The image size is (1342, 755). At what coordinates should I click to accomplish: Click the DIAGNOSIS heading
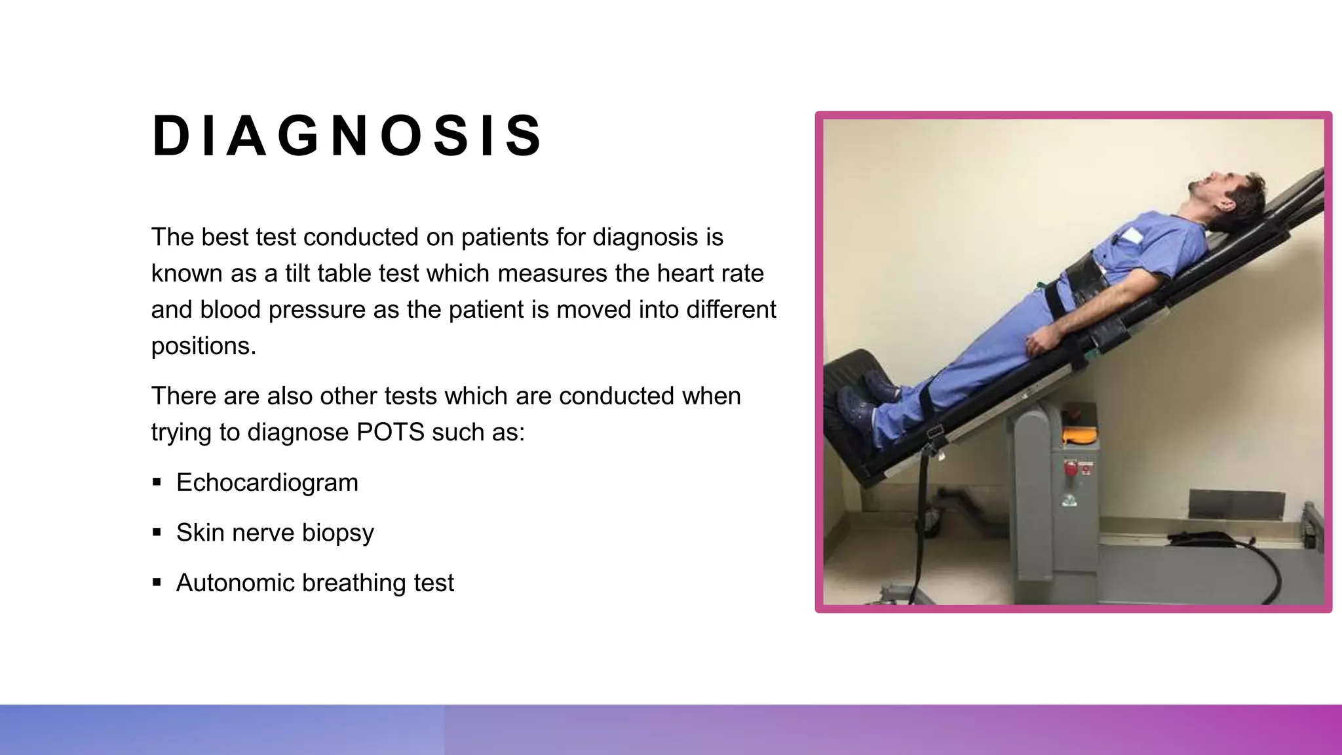click(x=347, y=136)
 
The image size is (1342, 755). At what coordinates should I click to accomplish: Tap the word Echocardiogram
click(x=267, y=483)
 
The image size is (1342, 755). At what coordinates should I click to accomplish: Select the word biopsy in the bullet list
click(x=337, y=533)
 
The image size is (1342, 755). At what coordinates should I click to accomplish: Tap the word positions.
click(x=202, y=346)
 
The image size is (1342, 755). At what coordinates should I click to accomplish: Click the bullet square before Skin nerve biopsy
click(x=157, y=532)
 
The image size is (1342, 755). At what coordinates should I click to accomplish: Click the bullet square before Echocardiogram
click(x=157, y=482)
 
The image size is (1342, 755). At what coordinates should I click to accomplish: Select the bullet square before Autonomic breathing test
click(x=157, y=582)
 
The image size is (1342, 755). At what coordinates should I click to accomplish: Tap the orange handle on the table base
click(x=1079, y=434)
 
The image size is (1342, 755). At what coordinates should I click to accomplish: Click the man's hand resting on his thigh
click(x=1041, y=341)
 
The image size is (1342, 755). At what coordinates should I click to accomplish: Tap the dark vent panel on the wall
click(x=1236, y=504)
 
